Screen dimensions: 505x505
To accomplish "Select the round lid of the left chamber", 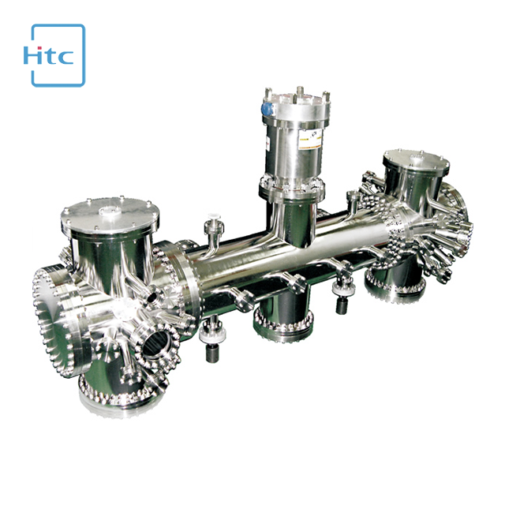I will pyautogui.click(x=110, y=212).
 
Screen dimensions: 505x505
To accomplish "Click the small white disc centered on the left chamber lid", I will pyautogui.click(x=108, y=210).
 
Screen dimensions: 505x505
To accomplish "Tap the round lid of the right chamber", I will pyautogui.click(x=416, y=161).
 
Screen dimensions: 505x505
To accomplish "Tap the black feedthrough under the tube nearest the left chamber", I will pyautogui.click(x=211, y=347).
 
